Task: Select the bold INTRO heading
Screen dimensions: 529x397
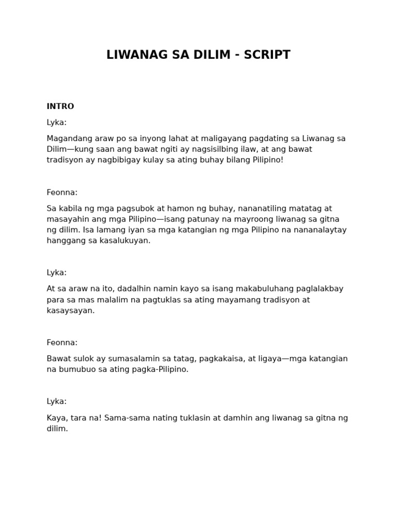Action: click(x=60, y=106)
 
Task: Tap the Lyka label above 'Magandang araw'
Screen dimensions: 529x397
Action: click(x=56, y=122)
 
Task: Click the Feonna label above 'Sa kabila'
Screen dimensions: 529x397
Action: click(x=62, y=192)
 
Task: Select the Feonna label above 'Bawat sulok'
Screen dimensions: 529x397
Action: click(x=62, y=343)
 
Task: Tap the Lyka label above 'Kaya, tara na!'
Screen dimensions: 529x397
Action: click(x=56, y=401)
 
